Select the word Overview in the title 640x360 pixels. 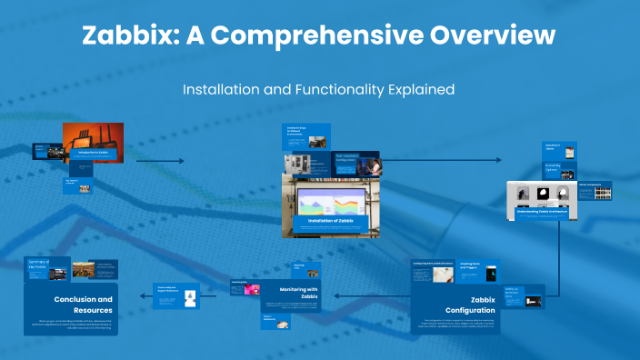point(495,35)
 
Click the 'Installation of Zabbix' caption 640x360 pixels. point(329,220)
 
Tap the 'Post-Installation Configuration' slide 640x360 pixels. point(357,164)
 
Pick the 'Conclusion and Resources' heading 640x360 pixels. point(83,304)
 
